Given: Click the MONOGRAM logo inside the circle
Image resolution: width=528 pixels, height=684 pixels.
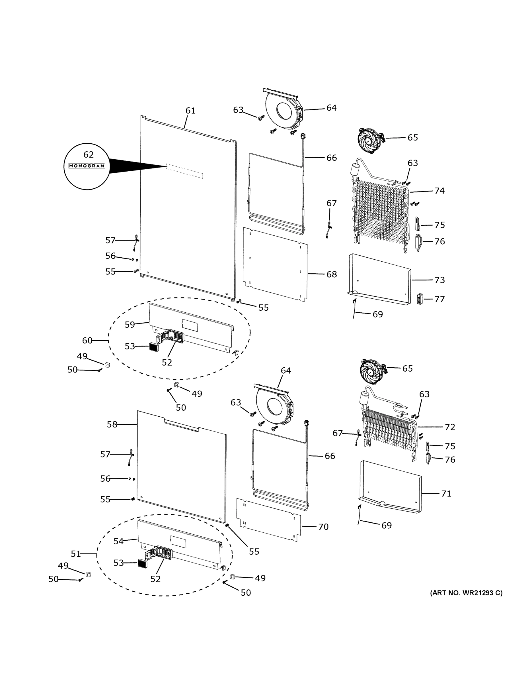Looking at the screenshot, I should coord(87,166).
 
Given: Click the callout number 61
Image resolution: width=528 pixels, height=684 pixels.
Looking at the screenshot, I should coord(190,111).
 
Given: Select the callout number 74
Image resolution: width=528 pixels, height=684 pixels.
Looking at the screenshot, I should coord(439,190).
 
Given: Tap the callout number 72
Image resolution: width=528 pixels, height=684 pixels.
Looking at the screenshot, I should coord(449,427).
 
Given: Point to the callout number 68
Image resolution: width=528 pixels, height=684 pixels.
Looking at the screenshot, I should coord(332,274).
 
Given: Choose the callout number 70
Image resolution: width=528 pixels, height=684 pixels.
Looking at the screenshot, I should coord(323,527).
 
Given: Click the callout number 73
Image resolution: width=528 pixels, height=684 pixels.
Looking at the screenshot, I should coord(439,280).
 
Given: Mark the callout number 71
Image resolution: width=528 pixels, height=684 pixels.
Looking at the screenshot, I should coord(446,494).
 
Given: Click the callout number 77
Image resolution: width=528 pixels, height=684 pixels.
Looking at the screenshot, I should coord(439,299).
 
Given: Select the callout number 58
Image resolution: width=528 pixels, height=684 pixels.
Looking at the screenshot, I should coord(112,424).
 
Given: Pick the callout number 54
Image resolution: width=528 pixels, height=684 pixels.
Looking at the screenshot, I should coord(118,541).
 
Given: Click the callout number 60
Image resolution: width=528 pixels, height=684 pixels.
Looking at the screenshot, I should coord(87,341).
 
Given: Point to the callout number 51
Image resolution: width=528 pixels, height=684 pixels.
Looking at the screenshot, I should coord(75,554).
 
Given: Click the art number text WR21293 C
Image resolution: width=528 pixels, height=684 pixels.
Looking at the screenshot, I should coord(466,593).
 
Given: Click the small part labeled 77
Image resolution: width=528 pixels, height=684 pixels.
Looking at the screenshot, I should coord(420,299).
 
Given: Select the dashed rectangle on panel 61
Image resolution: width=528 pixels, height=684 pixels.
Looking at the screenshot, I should coord(184,171).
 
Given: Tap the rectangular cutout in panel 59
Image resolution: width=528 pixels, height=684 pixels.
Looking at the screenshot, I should coord(190,326).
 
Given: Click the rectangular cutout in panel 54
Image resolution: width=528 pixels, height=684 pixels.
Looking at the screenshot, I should coord(178,541).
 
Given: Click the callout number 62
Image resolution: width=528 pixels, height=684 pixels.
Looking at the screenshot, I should coord(89,154).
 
